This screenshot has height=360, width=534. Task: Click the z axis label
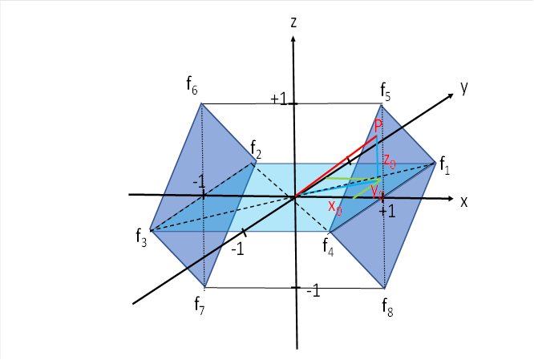pos(295,22)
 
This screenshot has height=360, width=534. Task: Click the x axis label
pos(463,201)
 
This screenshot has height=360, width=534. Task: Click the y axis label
pos(463,87)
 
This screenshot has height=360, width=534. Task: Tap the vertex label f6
pos(192,83)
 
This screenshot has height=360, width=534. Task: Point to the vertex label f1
pos(445,168)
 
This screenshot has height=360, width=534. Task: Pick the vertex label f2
pos(256,149)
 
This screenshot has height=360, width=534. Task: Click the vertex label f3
pos(142,237)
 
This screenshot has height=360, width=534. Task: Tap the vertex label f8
pos(388,306)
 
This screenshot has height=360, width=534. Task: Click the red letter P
pos(378,127)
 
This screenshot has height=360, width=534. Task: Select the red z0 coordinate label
pos(389,160)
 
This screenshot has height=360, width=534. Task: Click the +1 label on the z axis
pos(278,99)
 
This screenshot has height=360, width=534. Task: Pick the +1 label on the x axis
pos(388,211)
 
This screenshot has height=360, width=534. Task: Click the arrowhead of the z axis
pos(295,42)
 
